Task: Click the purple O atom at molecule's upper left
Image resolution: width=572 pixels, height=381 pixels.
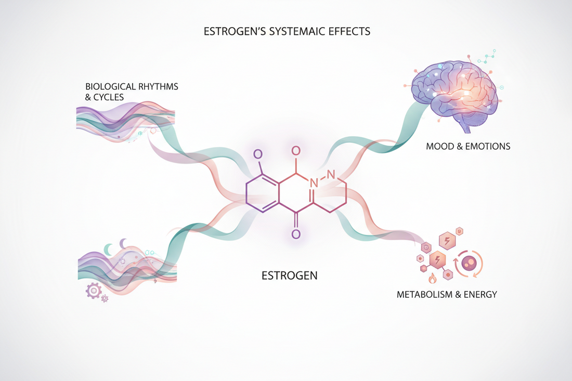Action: pos(257,154)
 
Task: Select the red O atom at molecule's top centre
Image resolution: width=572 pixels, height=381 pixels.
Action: pos(295,151)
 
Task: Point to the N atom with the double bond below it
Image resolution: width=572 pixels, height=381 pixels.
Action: pos(314,183)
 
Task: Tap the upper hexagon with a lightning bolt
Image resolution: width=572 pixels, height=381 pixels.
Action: pos(446,241)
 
